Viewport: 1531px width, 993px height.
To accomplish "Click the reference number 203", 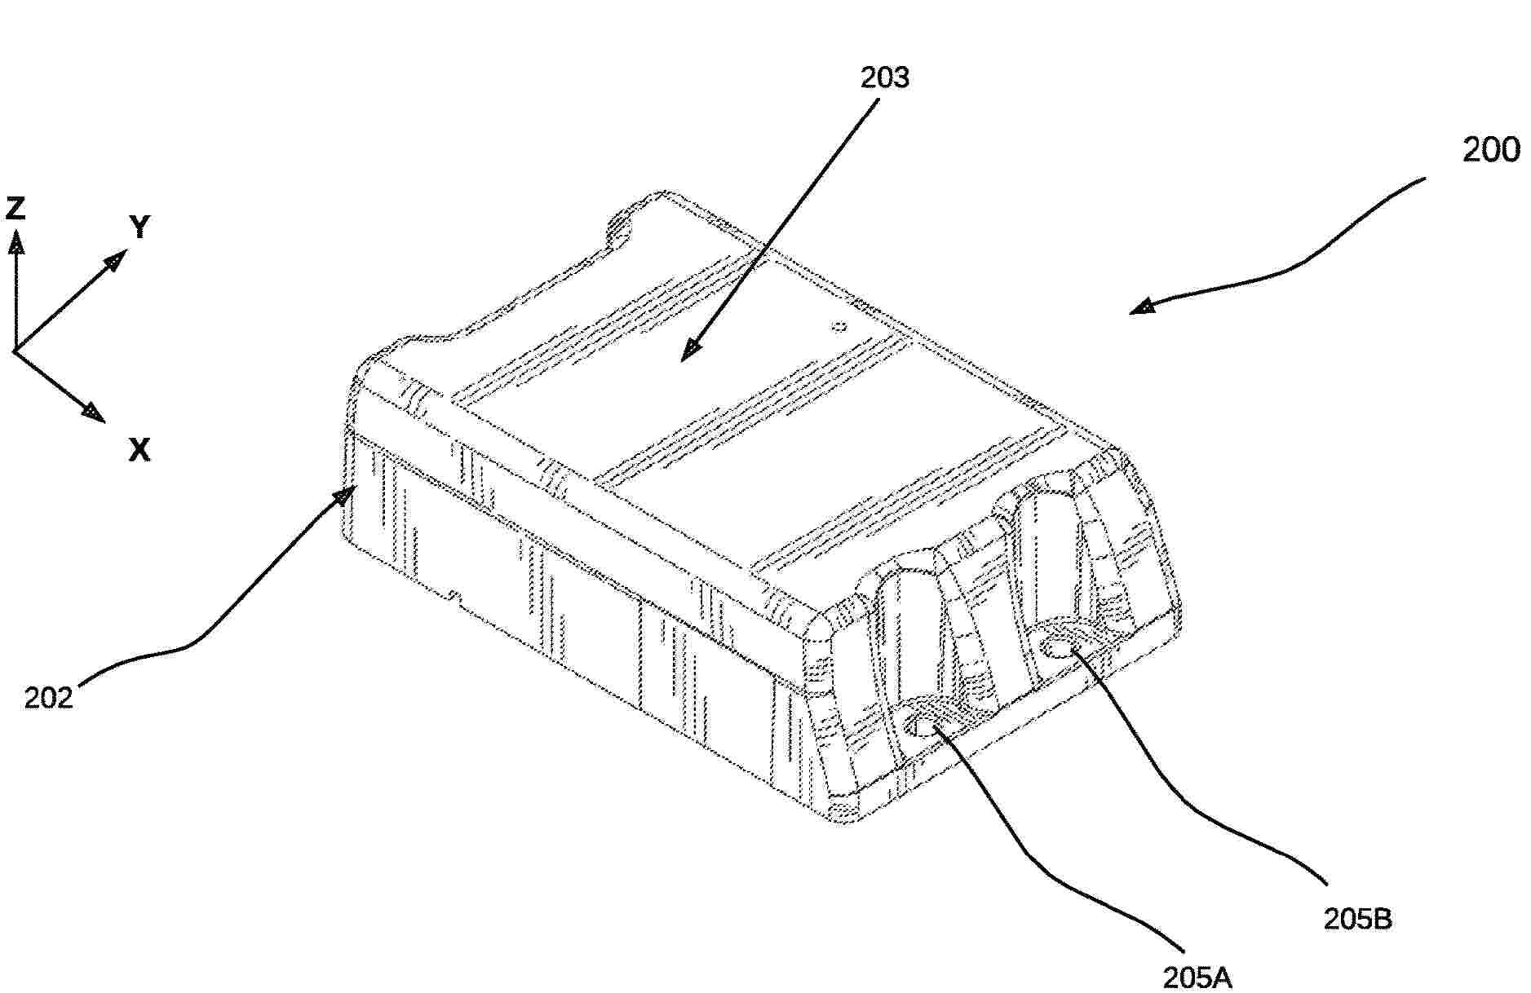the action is [x=885, y=77].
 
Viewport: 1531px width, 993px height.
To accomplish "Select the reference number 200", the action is [x=1491, y=150].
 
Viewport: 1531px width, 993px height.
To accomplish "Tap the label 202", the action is [x=48, y=698].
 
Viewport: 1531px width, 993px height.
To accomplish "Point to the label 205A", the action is [x=1197, y=977].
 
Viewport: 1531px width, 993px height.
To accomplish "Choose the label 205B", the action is [x=1357, y=919].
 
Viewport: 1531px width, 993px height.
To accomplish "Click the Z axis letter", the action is [x=15, y=209].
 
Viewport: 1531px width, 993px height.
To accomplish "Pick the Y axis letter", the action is [x=140, y=227].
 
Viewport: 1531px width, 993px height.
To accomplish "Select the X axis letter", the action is [x=139, y=449].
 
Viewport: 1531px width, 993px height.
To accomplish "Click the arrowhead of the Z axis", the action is [x=15, y=242].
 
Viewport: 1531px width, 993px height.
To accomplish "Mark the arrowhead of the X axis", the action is [x=93, y=413].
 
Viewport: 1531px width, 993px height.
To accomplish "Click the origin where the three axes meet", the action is [x=15, y=351].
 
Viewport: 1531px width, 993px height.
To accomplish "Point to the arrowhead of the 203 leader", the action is [x=690, y=349].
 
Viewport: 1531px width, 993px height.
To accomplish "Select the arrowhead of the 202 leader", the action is [x=348, y=496].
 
